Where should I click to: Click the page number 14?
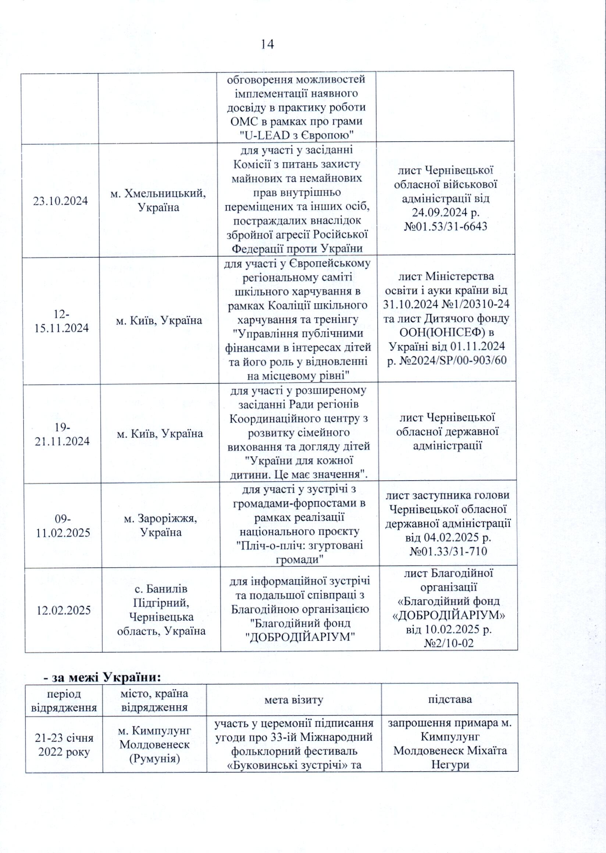(267, 44)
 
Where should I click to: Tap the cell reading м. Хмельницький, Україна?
(158, 200)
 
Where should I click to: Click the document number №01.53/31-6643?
(446, 226)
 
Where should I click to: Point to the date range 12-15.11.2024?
(61, 321)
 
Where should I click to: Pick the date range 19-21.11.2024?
(62, 434)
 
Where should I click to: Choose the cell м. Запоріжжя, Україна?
(160, 525)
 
